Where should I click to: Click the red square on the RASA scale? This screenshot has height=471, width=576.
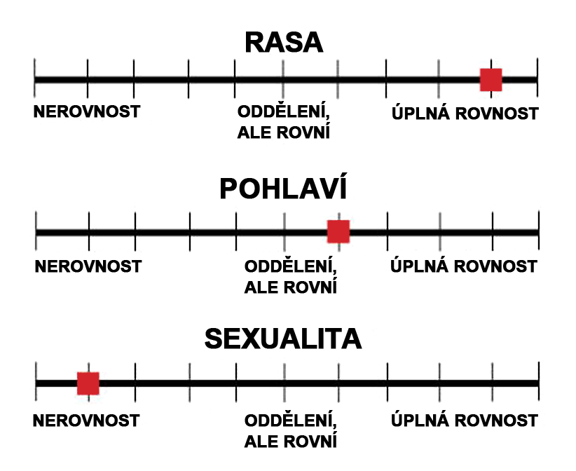[491, 80]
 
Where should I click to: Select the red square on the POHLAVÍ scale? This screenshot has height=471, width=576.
[338, 231]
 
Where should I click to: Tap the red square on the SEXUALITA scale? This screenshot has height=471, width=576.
[88, 383]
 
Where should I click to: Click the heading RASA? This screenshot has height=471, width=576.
[284, 43]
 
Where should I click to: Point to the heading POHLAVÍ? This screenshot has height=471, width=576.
[284, 191]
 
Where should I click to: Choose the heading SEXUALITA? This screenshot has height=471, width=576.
[283, 339]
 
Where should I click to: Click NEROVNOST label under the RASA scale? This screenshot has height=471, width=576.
[87, 113]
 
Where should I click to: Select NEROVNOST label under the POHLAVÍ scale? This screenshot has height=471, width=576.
[88, 266]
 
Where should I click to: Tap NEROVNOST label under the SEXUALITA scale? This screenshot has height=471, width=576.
[87, 421]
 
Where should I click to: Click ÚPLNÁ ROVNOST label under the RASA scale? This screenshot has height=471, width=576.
[465, 114]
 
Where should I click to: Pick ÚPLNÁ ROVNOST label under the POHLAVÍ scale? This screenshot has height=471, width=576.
[464, 266]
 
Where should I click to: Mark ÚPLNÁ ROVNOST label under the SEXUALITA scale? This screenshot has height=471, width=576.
[464, 421]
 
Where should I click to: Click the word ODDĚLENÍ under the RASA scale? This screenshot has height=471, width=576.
[283, 114]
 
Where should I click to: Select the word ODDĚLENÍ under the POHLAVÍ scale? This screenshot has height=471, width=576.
[291, 267]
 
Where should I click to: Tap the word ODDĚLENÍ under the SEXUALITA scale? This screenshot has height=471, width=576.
[291, 421]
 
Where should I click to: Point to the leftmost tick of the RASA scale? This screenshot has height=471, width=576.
[34, 79]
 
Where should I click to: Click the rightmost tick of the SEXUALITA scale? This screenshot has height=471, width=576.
[538, 383]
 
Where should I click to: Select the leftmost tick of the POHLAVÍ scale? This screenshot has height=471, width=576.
[36, 231]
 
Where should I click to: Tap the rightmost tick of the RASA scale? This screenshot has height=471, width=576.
[537, 79]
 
